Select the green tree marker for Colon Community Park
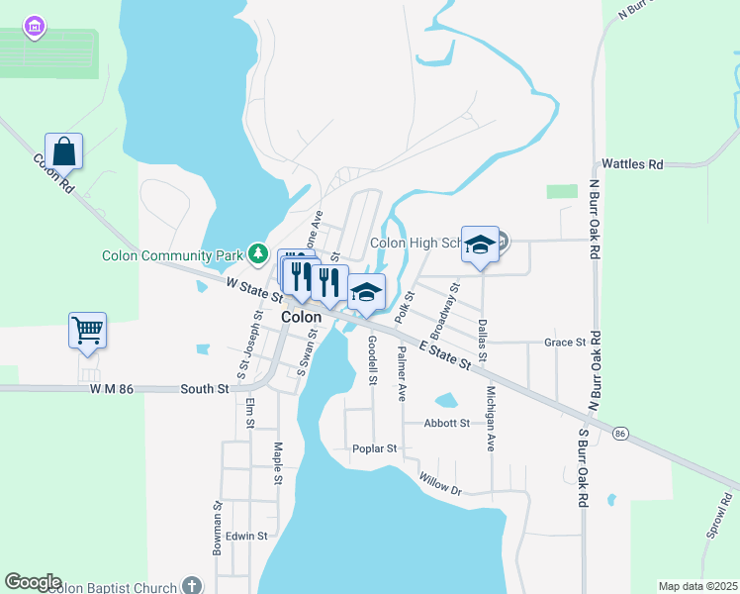tap(258, 254)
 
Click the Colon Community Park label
tap(172, 255)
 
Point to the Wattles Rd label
tap(632, 164)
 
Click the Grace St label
tap(565, 343)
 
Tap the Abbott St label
tap(446, 423)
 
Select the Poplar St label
tap(374, 448)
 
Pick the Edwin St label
tap(246, 536)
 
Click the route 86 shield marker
tap(620, 433)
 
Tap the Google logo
tap(33, 582)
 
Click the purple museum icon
tap(35, 26)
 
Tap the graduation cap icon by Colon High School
tap(480, 246)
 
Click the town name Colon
tap(301, 317)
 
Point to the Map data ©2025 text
tap(697, 586)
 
